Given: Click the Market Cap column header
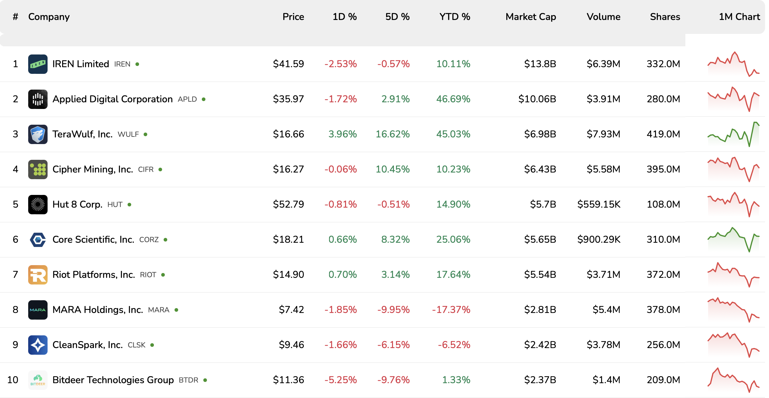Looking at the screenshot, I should coord(531,17).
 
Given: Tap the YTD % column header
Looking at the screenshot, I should coord(454,17).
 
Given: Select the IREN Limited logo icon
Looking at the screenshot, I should coord(38,64).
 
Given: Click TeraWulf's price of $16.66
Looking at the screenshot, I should coord(288,134).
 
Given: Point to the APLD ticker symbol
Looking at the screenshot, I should coord(187,99).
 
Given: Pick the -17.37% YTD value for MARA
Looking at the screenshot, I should coord(451,310).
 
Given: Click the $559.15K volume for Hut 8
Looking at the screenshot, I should coord(598,204).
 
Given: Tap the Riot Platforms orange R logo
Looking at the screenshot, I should coord(38,275).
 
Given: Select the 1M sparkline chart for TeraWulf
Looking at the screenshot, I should coord(733,134).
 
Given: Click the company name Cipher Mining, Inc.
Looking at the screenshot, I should coord(93,169).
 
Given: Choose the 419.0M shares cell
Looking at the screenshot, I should coord(663,134).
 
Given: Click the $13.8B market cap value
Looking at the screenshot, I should coord(540,64).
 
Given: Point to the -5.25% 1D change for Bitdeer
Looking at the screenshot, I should coord(341,380).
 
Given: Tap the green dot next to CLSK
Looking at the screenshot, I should coord(152,345).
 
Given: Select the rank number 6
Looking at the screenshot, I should coord(15,239).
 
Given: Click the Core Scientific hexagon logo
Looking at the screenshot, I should coord(38,239).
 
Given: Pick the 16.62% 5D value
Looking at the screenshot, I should coord(392,134).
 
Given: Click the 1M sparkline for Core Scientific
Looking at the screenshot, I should coord(733,239).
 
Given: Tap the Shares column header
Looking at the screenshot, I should coord(665,17).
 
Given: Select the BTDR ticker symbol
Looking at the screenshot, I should coord(188,380).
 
